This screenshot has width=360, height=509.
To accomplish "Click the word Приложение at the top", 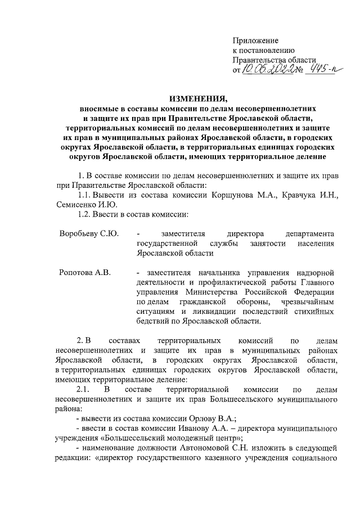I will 256,41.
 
